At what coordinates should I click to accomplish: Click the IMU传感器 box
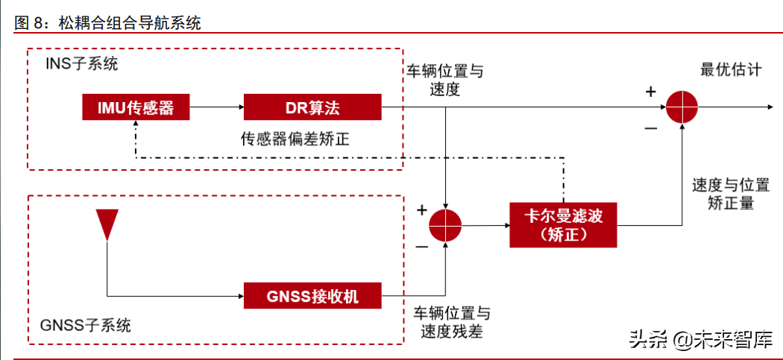pos(135,107)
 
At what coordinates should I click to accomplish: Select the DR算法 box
pos(312,107)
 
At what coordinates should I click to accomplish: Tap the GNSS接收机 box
pos(312,296)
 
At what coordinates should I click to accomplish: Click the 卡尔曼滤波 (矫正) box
pos(563,224)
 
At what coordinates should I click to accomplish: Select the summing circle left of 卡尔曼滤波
pos(445,224)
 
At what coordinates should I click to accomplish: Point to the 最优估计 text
pos(731,70)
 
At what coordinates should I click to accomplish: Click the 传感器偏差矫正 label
pos(295,139)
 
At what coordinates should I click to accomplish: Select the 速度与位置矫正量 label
pos(723,193)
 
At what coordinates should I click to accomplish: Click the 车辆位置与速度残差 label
pos(452,322)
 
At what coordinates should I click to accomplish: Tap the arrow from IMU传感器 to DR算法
pos(216,108)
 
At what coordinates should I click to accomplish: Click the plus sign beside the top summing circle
pos(650,92)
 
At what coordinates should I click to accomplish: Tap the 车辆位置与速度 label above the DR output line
pos(444,80)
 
